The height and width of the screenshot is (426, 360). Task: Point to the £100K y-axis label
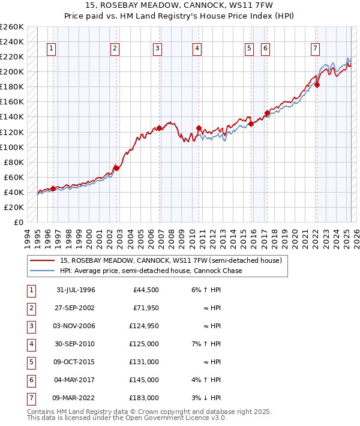[12, 147]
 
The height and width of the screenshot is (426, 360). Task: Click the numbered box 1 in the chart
[52, 49]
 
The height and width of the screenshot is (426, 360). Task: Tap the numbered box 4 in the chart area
[197, 49]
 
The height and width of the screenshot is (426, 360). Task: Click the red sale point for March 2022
[317, 85]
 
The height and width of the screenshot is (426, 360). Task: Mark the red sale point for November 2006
[160, 128]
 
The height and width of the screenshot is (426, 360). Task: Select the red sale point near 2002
[117, 168]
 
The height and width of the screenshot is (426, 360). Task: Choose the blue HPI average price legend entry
[150, 271]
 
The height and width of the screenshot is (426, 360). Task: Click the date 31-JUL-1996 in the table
[76, 290]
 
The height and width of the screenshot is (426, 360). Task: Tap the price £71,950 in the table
[145, 308]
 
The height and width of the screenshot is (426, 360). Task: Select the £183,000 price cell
[145, 398]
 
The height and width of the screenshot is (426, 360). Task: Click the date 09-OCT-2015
[76, 362]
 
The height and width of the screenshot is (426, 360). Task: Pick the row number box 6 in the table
[30, 380]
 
